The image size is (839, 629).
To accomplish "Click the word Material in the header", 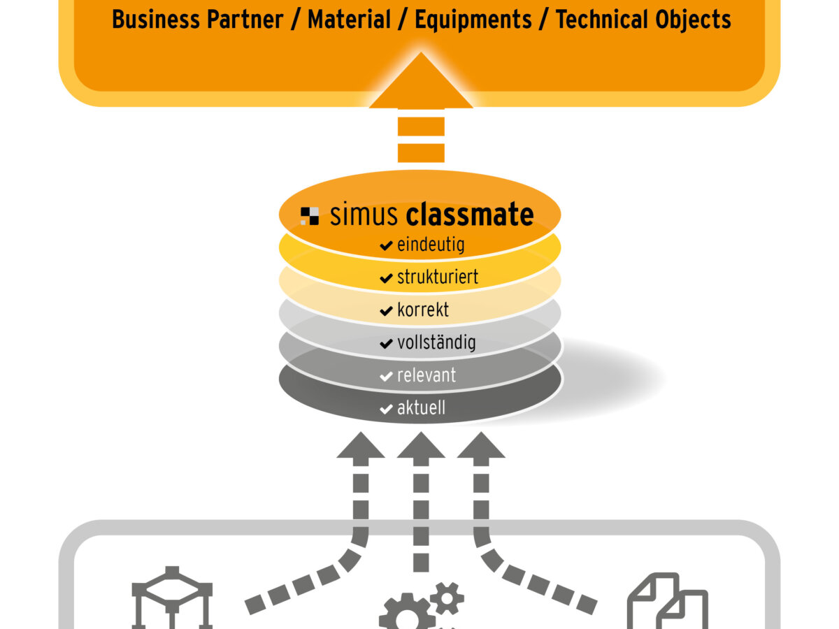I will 349,20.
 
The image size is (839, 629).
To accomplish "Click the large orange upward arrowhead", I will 421,82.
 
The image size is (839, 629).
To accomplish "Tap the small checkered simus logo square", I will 310,215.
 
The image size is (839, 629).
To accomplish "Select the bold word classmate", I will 470,215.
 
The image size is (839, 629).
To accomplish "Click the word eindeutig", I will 431,245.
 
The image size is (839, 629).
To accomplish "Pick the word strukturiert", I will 438,277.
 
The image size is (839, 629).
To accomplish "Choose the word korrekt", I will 423,309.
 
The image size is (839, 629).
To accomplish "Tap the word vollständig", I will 436,342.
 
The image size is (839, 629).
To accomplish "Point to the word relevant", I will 426,375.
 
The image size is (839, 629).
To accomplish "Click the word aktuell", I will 421,407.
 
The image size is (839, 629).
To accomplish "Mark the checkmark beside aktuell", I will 386,409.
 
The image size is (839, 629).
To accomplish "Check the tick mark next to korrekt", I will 386,310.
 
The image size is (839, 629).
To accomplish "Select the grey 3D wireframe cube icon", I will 172,598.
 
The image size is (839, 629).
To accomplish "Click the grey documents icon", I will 668,601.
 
